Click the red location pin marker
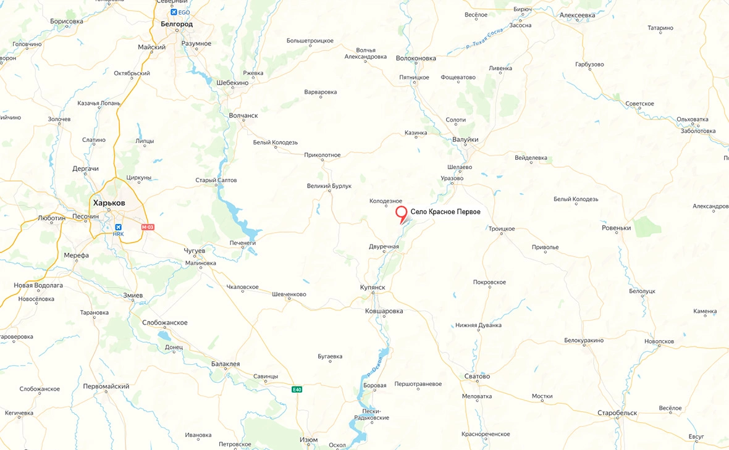[x=402, y=214]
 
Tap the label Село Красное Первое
[x=445, y=212]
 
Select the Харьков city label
[x=109, y=202]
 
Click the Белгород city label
[x=176, y=24]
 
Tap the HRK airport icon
[x=119, y=227]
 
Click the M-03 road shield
[x=147, y=227]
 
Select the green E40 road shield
[x=297, y=389]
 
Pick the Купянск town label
[x=373, y=288]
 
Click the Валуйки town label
[x=465, y=140]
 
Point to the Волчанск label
[x=243, y=115]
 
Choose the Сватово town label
[x=477, y=377]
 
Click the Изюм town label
[x=308, y=440]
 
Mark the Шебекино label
[x=232, y=82]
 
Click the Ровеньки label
[x=616, y=228]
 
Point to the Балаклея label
[x=225, y=364]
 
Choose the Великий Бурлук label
[x=329, y=186]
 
